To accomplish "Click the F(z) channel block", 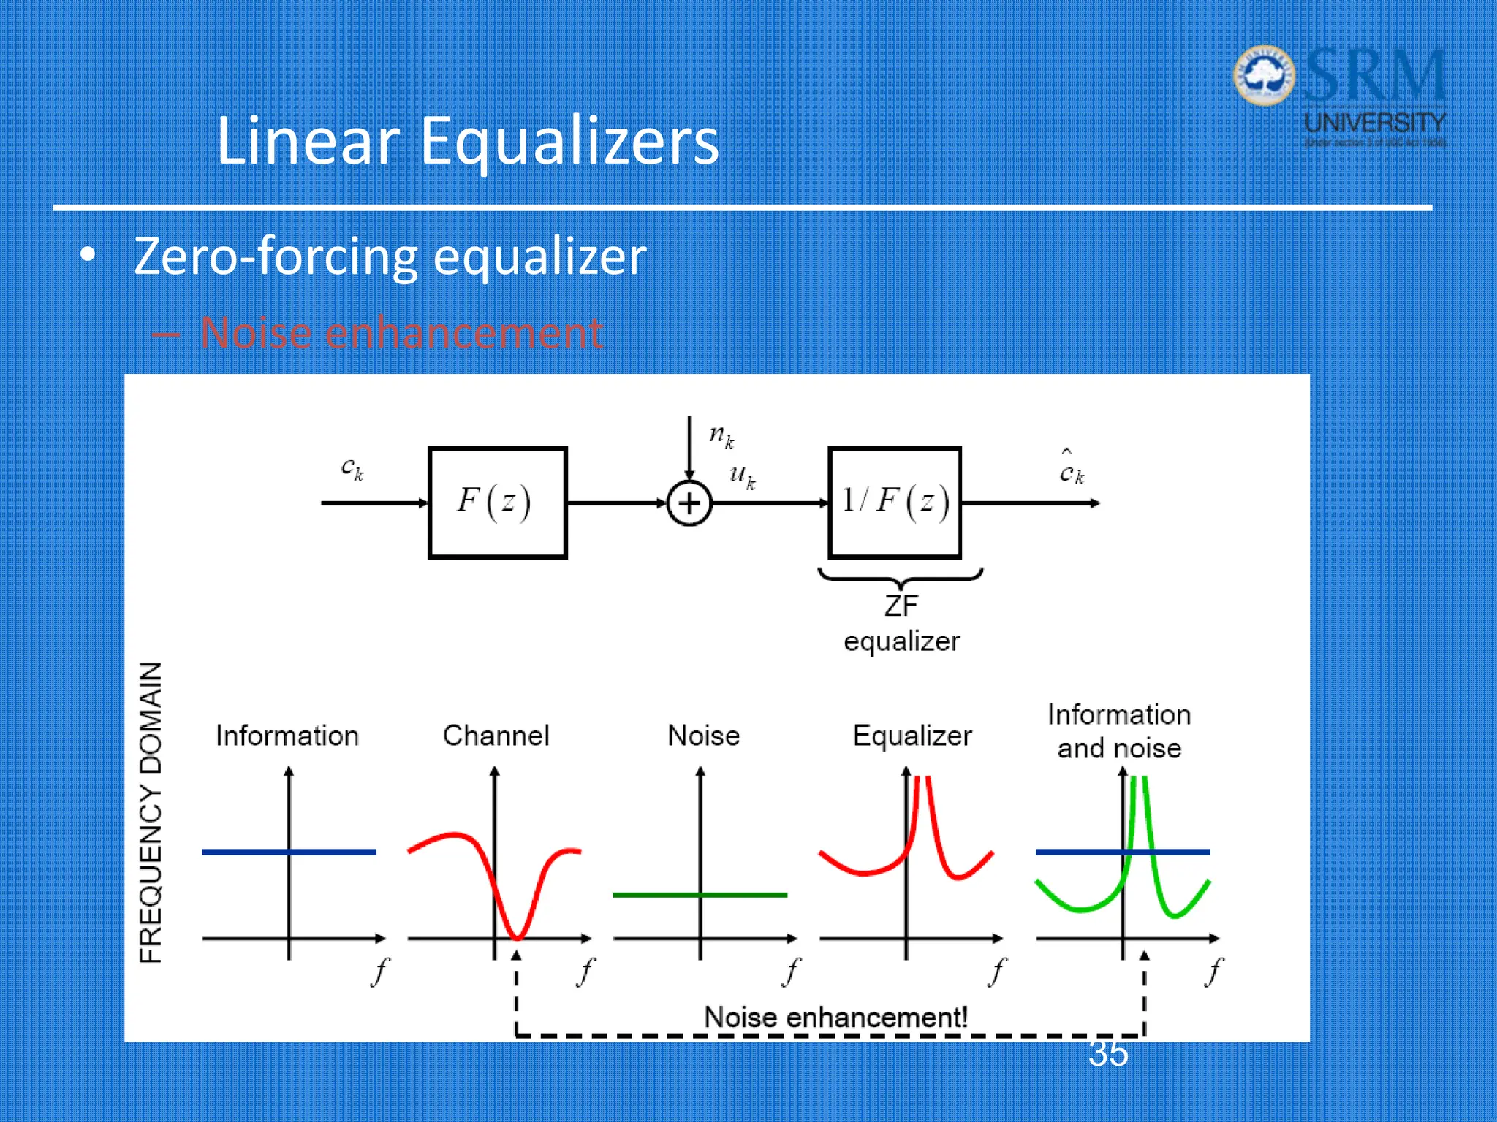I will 497,503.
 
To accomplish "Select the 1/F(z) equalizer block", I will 894,503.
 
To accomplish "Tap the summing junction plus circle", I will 689,503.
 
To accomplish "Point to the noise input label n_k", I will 721,436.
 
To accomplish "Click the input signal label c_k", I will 352,467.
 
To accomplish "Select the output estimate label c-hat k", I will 1072,469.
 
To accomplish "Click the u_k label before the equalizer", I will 742,476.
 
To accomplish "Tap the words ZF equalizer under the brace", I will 901,623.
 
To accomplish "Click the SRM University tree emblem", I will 1264,75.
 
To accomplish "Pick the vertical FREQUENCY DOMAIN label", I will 151,812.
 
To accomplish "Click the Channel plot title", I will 496,736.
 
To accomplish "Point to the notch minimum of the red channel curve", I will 517,936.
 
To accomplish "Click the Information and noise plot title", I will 1118,731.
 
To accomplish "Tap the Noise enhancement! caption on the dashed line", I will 835,1017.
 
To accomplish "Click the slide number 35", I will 1108,1054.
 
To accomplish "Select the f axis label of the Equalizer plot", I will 997,972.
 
